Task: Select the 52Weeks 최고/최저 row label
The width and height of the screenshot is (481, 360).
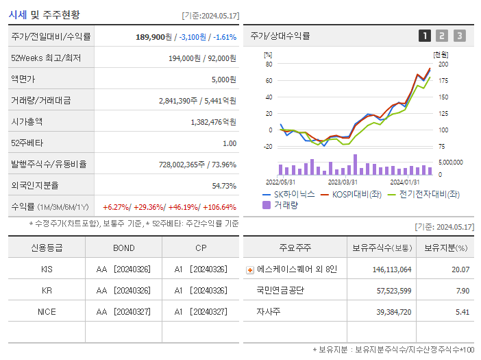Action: click(46, 58)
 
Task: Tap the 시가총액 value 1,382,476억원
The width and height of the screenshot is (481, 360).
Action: click(213, 122)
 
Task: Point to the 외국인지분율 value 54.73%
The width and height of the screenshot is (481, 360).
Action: click(224, 186)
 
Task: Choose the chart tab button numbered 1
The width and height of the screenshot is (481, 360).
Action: click(425, 36)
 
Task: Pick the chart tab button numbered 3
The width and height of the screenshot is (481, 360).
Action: click(459, 36)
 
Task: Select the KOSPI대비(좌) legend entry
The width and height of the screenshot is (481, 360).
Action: click(351, 194)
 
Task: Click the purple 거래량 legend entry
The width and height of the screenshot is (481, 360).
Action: click(281, 205)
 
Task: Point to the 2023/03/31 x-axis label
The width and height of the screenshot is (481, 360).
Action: click(343, 182)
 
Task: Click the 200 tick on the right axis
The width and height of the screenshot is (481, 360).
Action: click(443, 64)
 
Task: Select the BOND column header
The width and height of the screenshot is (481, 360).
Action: click(123, 248)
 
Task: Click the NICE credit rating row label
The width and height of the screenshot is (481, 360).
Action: click(47, 311)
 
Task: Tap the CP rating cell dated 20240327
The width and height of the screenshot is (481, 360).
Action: click(200, 311)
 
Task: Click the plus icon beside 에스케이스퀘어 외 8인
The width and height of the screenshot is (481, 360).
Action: click(249, 269)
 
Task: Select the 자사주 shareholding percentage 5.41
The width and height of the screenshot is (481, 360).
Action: click(462, 311)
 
